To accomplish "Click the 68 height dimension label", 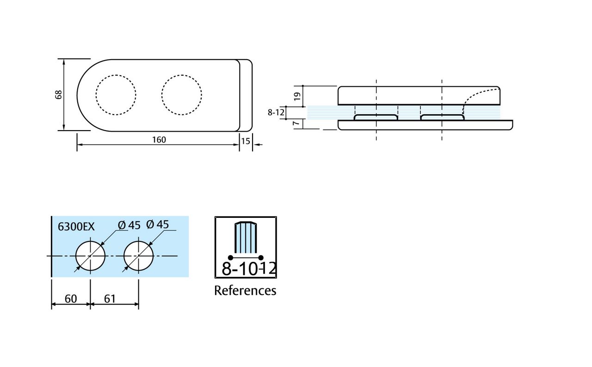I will pos(58,95).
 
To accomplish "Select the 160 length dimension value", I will pos(159,139).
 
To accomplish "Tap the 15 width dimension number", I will pos(245,141).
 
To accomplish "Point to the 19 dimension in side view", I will pos(297,96).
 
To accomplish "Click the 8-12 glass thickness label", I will pos(276,112).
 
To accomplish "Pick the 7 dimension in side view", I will pos(297,123).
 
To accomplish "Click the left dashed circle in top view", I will pos(116,95).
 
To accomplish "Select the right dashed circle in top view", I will pos(182,95).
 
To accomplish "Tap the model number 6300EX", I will pos(76,227).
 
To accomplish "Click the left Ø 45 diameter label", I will pos(129,225).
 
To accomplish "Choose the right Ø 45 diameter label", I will pos(157,224).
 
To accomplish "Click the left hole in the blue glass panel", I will pos(91,255).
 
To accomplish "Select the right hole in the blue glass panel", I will pos(139,255).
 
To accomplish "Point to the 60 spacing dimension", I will pos(71,299).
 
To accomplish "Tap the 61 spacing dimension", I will pos(110,299).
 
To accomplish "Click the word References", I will pos(245,290).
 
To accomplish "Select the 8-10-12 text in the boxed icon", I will pos(248,269).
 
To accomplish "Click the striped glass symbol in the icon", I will pos(246,237).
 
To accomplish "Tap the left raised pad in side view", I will pos(376,117).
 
